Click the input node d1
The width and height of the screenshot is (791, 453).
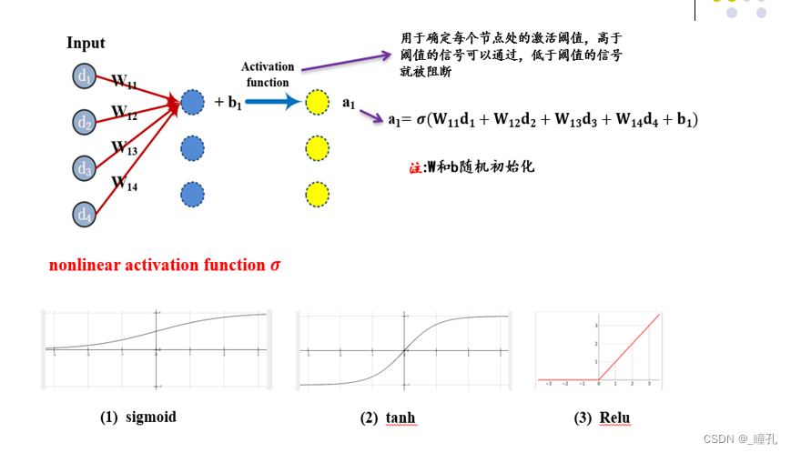pos(85,76)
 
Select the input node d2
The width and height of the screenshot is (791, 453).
pos(85,121)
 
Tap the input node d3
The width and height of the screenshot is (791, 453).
pos(85,167)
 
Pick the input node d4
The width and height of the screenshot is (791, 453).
pos(85,214)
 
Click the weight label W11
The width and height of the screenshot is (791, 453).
pos(124,82)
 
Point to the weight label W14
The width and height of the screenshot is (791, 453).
pos(124,184)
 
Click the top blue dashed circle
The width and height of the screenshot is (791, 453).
pos(192,102)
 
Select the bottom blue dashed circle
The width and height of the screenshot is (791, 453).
pos(192,195)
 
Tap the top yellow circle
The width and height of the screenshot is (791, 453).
pos(317,102)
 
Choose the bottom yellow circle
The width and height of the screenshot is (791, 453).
pos(317,195)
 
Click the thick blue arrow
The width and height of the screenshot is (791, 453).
pos(272,102)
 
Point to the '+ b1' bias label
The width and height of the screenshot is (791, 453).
pos(228,102)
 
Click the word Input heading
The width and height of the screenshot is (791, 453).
pos(86,43)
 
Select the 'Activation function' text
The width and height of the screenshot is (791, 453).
pos(268,75)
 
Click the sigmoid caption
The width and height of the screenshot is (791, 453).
pos(138,417)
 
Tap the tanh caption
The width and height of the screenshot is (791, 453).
pos(389,418)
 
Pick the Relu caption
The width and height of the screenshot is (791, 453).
pos(603,418)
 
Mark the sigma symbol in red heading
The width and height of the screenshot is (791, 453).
pos(275,266)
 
